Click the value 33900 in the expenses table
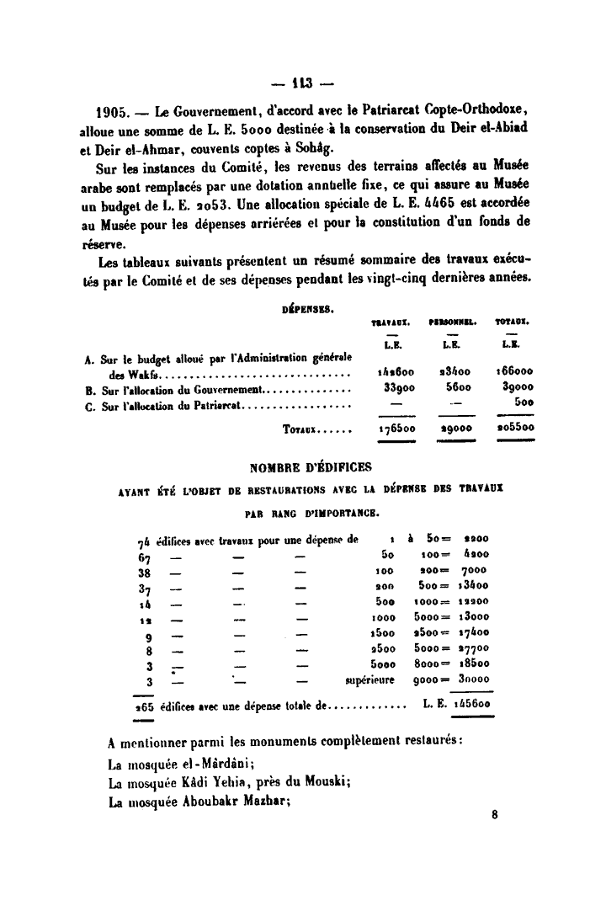[x=390, y=387]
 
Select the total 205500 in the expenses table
[x=513, y=428]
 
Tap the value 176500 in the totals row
[x=391, y=428]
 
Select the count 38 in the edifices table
[x=143, y=571]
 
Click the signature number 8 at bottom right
[x=495, y=815]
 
